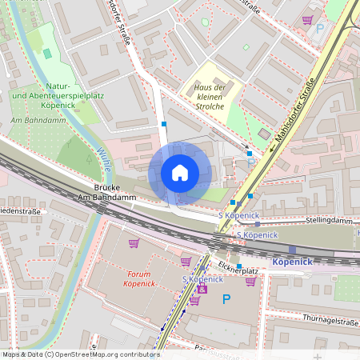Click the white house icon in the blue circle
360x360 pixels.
[x=179, y=173]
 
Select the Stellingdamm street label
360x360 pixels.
[x=328, y=220]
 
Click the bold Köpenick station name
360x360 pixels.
[x=292, y=262]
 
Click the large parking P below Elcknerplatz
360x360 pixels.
[x=226, y=299]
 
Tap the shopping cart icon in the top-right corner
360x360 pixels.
[x=308, y=19]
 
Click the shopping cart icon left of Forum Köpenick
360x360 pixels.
[x=134, y=242]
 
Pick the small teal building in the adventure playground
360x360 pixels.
[x=47, y=53]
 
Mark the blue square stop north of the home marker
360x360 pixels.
[x=164, y=124]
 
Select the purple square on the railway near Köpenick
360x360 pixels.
[x=292, y=250]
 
